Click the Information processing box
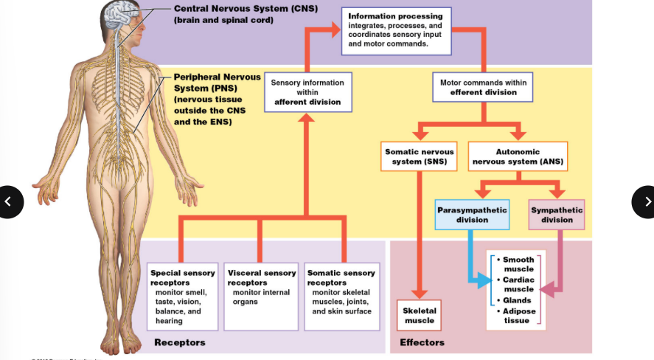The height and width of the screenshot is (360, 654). (397, 30)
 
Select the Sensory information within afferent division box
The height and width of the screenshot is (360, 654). (307, 92)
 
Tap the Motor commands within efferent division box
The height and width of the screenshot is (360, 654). (482, 87)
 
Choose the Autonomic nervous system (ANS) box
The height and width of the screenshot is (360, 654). (517, 156)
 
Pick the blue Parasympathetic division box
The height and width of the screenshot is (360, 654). (472, 215)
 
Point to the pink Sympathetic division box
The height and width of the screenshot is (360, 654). (557, 215)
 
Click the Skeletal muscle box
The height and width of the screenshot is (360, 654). (420, 315)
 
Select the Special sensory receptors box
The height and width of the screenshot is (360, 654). (182, 297)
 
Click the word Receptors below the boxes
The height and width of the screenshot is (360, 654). (180, 342)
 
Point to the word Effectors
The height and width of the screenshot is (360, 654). (422, 342)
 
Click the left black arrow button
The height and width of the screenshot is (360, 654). (9, 201)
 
